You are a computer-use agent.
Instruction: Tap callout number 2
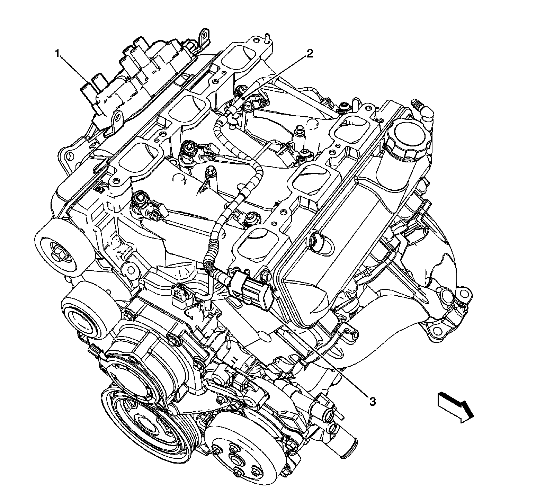coord(309,54)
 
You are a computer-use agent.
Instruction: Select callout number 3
coord(372,402)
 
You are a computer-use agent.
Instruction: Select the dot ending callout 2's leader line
coord(245,99)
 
